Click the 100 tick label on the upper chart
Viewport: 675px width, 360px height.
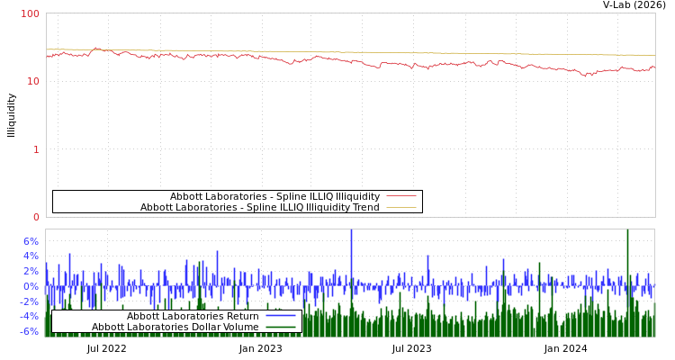[x=31, y=13]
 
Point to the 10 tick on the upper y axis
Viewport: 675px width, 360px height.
[x=35, y=81]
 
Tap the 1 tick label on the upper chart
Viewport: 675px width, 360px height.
[x=36, y=149]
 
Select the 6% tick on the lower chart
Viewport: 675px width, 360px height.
[x=31, y=241]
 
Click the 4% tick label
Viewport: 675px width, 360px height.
[x=31, y=256]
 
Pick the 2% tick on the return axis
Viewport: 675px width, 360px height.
[x=31, y=271]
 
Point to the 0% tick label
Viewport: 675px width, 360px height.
[x=31, y=286]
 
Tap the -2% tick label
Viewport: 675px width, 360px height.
[x=29, y=301]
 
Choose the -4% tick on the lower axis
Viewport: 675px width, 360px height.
[x=29, y=316]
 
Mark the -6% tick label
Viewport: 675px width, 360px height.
[x=29, y=331]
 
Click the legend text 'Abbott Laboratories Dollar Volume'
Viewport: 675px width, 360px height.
[x=175, y=327]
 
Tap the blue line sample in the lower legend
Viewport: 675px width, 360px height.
[x=281, y=316]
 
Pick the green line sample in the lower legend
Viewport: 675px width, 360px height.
[x=281, y=327]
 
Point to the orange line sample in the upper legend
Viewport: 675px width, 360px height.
[x=401, y=208]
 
